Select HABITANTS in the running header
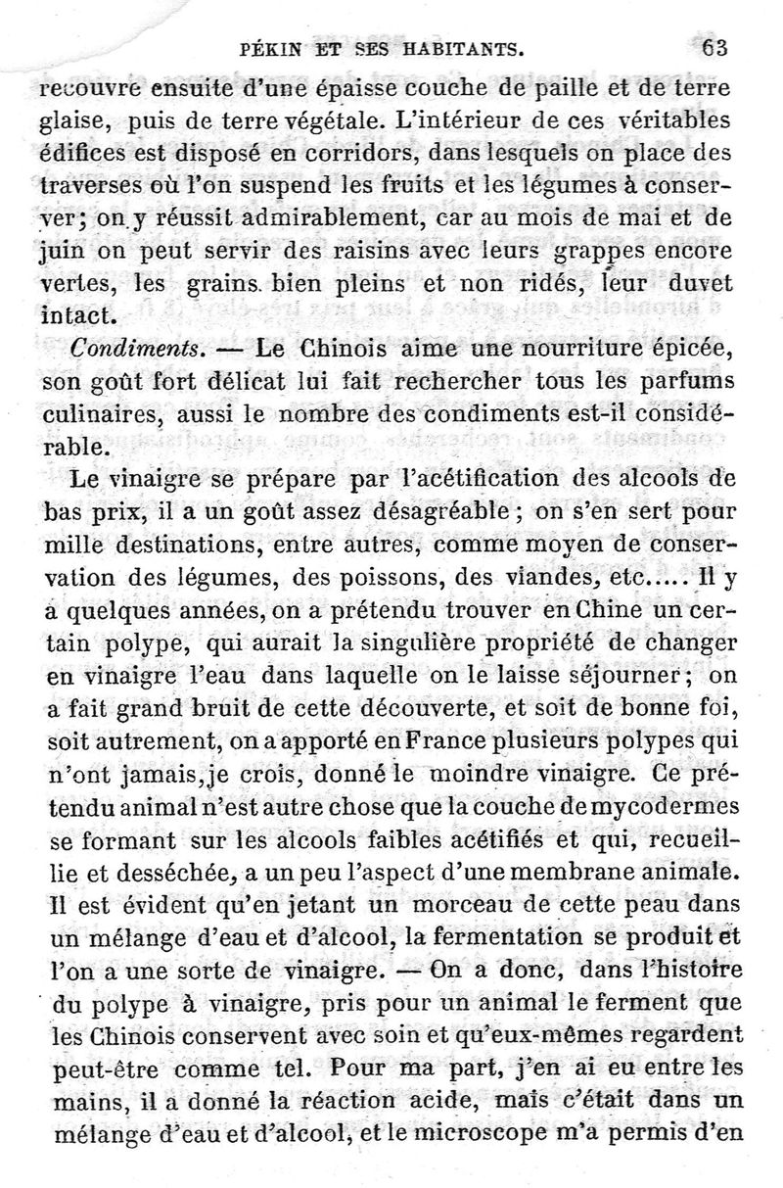(x=446, y=47)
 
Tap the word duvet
(x=700, y=284)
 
